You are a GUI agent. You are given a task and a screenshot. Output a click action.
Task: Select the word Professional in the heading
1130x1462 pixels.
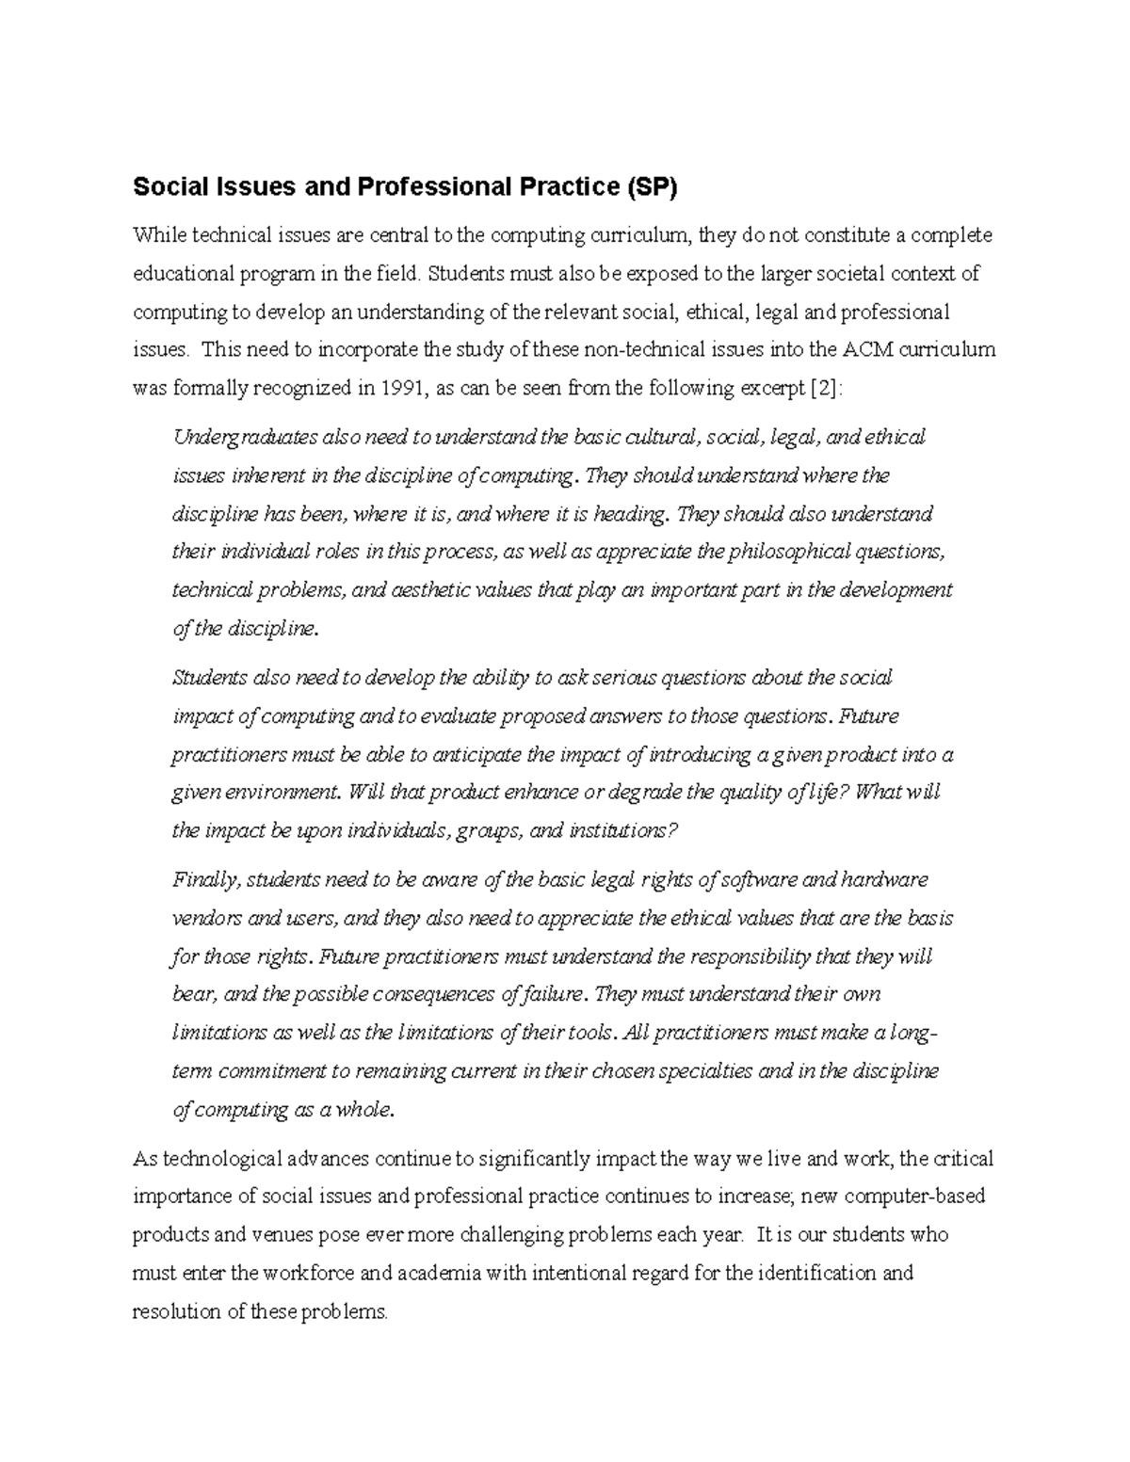tap(428, 188)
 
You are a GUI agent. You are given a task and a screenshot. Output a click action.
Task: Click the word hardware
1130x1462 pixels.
tap(884, 879)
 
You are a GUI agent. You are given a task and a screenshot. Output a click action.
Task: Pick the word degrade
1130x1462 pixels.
tap(646, 792)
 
